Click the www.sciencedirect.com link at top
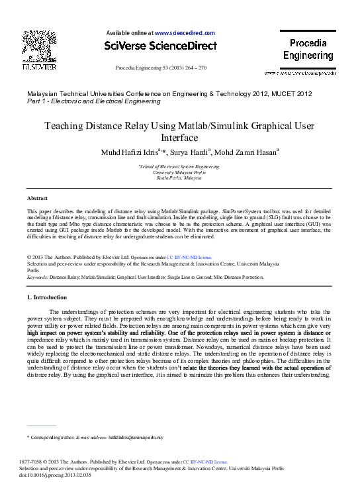[x=185, y=32]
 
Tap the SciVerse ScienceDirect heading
[x=161, y=46]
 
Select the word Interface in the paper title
[x=179, y=138]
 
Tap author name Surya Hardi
[x=191, y=153]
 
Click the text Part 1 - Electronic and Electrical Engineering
[x=93, y=101]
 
